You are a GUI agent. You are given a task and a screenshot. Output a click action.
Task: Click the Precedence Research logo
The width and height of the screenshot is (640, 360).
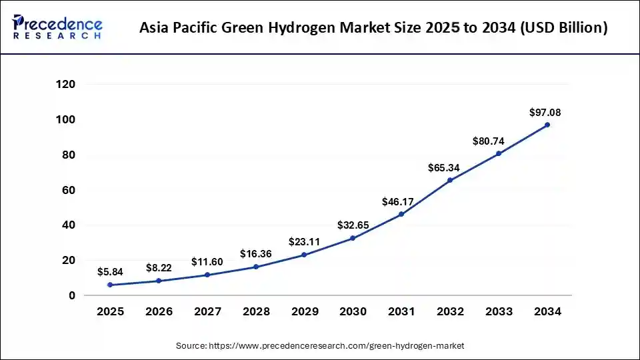click(57, 27)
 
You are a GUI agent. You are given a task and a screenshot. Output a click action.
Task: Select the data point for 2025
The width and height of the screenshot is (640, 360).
click(110, 285)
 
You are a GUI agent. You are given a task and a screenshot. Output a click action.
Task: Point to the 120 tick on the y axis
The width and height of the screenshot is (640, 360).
click(65, 85)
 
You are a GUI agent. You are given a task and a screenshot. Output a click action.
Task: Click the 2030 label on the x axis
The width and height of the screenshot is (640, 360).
click(353, 311)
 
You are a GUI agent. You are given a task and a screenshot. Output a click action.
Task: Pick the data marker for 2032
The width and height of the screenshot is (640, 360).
click(450, 180)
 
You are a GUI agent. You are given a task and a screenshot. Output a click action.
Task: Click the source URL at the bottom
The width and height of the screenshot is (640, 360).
click(337, 346)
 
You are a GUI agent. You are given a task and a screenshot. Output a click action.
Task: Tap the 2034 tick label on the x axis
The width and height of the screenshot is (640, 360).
click(547, 311)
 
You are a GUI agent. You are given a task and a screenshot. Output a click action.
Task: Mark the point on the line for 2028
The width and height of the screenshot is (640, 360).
click(256, 267)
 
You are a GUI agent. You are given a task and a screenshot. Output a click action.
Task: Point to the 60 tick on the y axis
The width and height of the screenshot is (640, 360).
click(69, 190)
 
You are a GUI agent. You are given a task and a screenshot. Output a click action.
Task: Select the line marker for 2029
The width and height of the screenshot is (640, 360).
click(304, 255)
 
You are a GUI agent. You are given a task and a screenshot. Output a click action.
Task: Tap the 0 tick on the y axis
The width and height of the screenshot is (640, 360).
click(72, 295)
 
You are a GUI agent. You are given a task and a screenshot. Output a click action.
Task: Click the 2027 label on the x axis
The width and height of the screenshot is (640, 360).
click(207, 311)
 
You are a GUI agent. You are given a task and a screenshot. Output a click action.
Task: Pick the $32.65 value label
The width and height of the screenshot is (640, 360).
click(353, 225)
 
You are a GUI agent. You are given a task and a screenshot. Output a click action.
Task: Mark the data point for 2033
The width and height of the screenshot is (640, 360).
click(499, 153)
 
